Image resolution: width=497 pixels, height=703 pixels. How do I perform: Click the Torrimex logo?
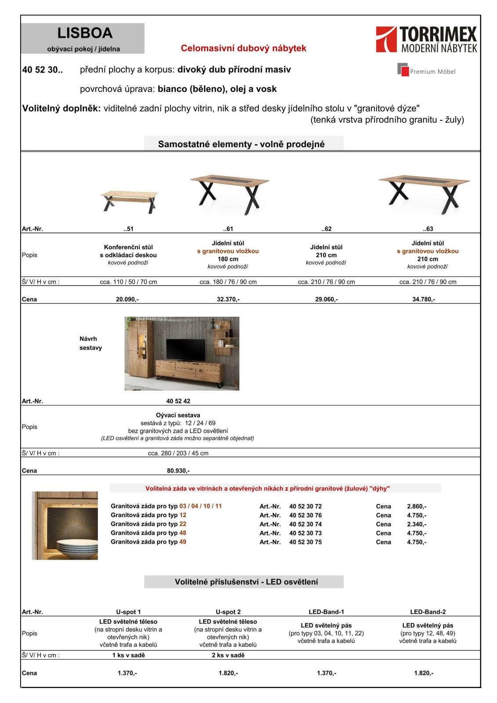[426, 39]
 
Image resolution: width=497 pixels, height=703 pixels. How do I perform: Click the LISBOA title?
[85, 33]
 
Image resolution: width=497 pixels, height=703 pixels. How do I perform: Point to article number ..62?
[326, 229]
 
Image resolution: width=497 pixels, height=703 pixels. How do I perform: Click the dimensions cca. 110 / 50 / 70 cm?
[128, 282]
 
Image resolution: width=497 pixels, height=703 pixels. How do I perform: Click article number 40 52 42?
[178, 401]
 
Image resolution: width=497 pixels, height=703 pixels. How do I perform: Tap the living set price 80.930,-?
[178, 471]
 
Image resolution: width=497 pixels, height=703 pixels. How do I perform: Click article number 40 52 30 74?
[305, 524]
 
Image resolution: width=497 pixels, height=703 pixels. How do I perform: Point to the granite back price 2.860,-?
[416, 507]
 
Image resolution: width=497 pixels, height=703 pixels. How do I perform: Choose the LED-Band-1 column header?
[326, 612]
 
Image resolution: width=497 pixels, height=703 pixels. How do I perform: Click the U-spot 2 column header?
[228, 612]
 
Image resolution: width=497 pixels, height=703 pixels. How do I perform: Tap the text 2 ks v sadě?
[228, 655]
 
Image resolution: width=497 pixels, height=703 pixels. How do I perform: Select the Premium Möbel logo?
[426, 70]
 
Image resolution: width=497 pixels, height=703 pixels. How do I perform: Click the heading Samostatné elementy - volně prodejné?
[241, 144]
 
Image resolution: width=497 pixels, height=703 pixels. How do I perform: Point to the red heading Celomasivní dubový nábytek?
[243, 48]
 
